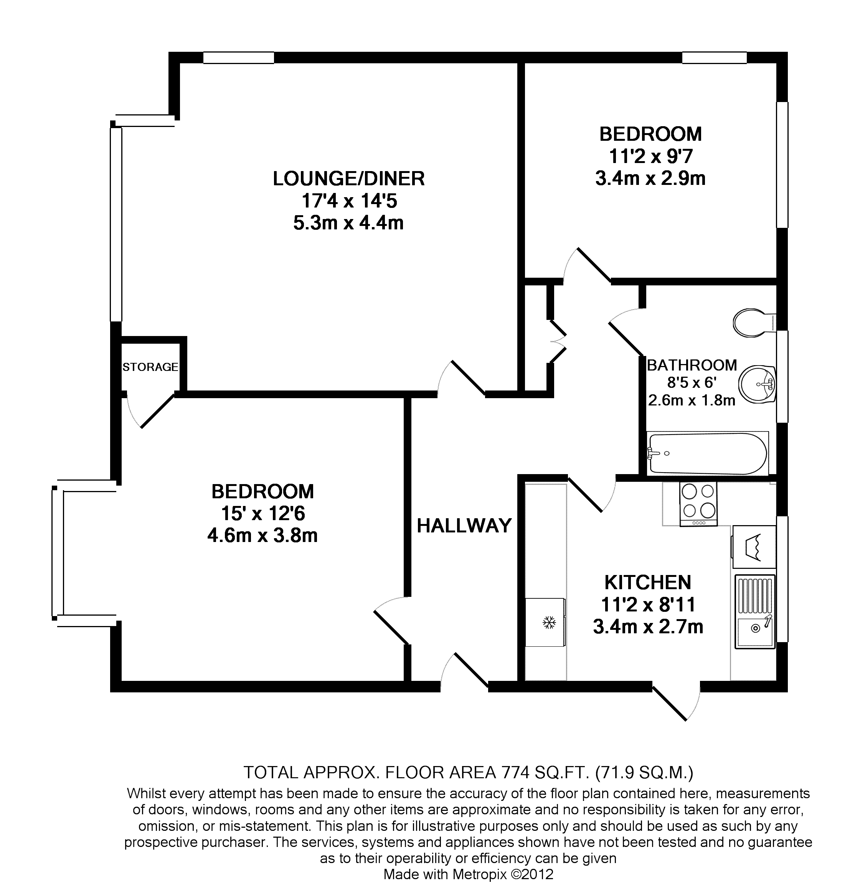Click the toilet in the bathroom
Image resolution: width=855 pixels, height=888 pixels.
click(x=754, y=323)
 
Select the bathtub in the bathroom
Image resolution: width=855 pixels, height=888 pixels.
click(x=708, y=453)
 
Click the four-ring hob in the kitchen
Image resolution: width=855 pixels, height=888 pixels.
click(x=698, y=504)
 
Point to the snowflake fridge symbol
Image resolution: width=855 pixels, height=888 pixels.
click(x=549, y=623)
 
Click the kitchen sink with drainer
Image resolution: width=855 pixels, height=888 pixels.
click(x=755, y=611)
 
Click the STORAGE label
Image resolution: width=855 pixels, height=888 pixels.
click(x=150, y=367)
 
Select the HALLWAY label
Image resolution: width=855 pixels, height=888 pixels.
click(x=464, y=526)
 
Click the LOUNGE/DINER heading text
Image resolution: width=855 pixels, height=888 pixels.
click(x=348, y=178)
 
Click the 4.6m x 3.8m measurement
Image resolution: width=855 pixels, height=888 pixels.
click(x=262, y=536)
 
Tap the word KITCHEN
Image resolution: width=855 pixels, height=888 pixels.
click(x=648, y=582)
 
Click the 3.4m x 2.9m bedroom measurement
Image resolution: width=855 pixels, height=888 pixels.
click(x=650, y=178)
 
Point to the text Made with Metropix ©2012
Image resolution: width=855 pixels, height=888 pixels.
click(x=468, y=874)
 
